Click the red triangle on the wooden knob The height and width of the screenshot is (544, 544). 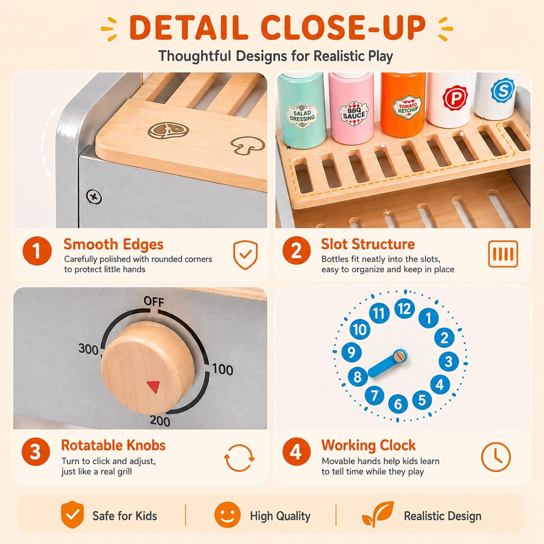[x=153, y=387]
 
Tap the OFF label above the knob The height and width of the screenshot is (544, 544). [x=154, y=301]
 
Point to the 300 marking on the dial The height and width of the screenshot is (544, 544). [x=88, y=349]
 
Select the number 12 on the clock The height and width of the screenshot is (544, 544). [x=404, y=309]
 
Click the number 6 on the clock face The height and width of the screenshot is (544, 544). [x=398, y=404]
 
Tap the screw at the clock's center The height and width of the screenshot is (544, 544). [x=400, y=356]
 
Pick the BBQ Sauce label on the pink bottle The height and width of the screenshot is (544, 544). [x=354, y=112]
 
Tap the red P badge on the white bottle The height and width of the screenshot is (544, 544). [x=456, y=97]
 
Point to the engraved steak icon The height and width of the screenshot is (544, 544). [x=169, y=131]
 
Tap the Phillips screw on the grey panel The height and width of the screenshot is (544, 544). [x=94, y=197]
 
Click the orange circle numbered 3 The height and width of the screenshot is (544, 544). [x=36, y=452]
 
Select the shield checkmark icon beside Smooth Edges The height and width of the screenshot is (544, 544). [x=245, y=255]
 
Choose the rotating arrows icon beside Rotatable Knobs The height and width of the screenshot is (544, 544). [x=239, y=458]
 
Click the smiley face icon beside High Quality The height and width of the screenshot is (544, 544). [x=227, y=515]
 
